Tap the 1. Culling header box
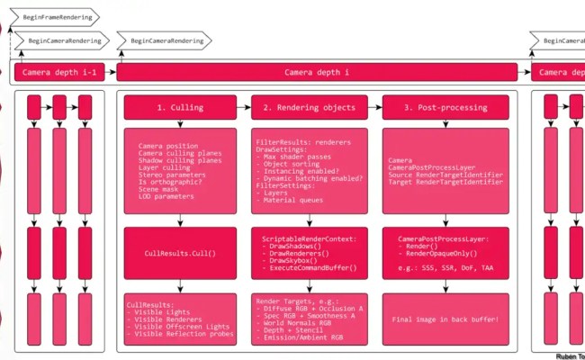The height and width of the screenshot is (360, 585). tap(180, 107)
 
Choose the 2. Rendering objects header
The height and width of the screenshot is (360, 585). tap(310, 107)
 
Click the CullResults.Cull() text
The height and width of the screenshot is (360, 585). tap(180, 253)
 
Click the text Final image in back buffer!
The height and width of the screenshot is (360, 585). tap(445, 319)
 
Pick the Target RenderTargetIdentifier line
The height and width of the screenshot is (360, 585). tap(444, 181)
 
